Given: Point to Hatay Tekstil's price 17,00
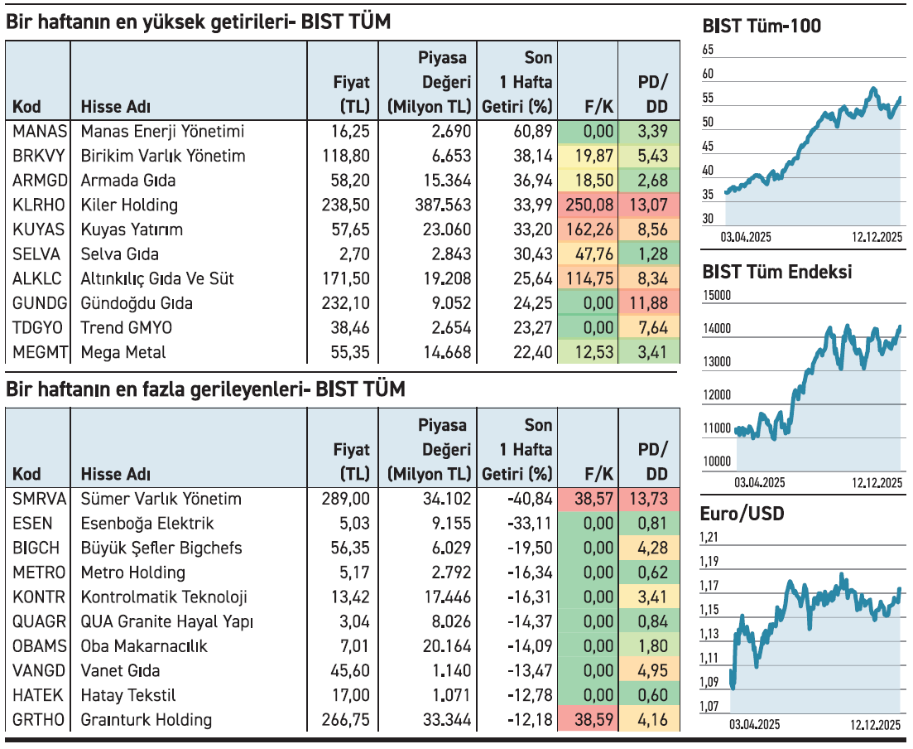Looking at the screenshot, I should click(351, 695).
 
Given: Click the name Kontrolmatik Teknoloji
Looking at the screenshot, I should click(164, 597).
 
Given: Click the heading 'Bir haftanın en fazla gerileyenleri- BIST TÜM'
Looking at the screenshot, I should click(205, 389).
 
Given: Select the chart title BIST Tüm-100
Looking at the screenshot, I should click(761, 27).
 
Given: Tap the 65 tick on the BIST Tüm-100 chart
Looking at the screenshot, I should click(708, 51).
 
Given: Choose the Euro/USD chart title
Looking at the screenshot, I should click(742, 514).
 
